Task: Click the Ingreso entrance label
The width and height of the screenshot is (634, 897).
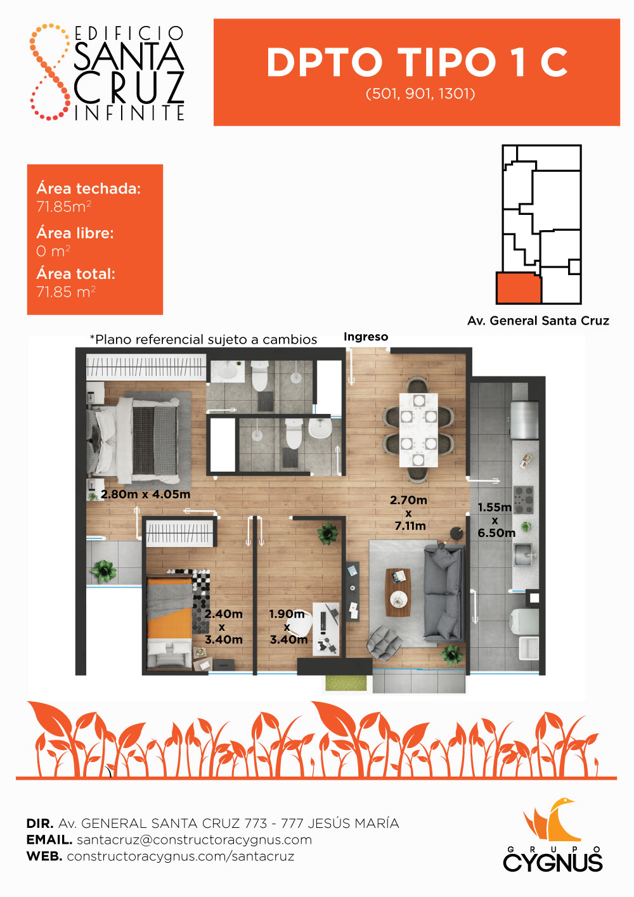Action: [x=366, y=337]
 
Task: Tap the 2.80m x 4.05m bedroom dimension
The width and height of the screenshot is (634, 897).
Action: [x=145, y=494]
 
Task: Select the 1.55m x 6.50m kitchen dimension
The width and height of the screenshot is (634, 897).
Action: [x=496, y=520]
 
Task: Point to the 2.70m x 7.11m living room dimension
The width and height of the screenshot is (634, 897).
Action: [x=409, y=513]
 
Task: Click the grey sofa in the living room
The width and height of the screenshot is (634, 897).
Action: [x=444, y=593]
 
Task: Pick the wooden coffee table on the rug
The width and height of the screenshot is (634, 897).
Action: [x=398, y=593]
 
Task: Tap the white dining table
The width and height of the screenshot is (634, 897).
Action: [x=418, y=430]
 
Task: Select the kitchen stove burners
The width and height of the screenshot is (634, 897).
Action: [x=524, y=500]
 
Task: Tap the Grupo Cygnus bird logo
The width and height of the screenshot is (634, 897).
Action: [x=552, y=820]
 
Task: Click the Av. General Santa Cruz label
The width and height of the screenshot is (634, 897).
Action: [x=538, y=321]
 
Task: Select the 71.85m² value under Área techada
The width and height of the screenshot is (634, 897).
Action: [x=63, y=206]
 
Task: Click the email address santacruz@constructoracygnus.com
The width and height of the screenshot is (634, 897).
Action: [x=194, y=840]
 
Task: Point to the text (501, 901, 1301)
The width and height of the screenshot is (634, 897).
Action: [x=420, y=94]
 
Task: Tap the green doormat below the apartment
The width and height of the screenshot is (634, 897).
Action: [x=346, y=683]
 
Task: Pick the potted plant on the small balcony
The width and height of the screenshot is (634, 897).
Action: [x=104, y=571]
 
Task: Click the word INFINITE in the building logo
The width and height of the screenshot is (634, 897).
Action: [x=129, y=113]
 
